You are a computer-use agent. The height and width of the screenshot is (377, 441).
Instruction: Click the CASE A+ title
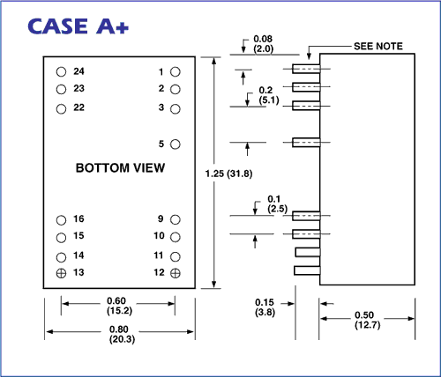[x=78, y=26]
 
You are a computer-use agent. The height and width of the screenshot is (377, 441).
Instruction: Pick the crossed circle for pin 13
[x=61, y=273]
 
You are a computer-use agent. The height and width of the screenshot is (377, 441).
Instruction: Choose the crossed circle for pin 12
[x=176, y=273]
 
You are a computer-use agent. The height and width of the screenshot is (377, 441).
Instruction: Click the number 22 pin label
[x=78, y=107]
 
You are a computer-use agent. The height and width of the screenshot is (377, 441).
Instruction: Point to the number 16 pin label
[x=78, y=218]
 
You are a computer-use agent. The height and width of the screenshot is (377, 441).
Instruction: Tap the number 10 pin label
[x=159, y=236]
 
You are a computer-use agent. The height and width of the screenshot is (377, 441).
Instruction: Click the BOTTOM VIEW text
[x=120, y=168]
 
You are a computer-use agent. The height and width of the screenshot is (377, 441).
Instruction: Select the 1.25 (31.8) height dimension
[x=228, y=174]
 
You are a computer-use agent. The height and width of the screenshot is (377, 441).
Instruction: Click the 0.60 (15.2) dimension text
[x=119, y=306]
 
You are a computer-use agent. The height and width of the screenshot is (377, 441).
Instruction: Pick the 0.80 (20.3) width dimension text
[x=122, y=335]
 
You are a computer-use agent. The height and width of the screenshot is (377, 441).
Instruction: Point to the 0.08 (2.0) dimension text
[x=263, y=44]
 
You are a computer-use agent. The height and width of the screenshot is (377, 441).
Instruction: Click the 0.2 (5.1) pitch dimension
[x=269, y=95]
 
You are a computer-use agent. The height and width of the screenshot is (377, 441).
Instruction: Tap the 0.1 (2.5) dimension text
[x=277, y=204]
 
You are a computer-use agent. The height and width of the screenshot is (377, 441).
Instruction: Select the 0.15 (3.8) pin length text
[x=265, y=307]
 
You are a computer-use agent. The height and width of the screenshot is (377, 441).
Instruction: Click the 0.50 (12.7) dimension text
[x=367, y=320]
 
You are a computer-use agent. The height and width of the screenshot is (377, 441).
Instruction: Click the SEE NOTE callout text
[x=378, y=46]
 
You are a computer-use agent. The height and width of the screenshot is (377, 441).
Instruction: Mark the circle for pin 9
[x=176, y=219]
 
